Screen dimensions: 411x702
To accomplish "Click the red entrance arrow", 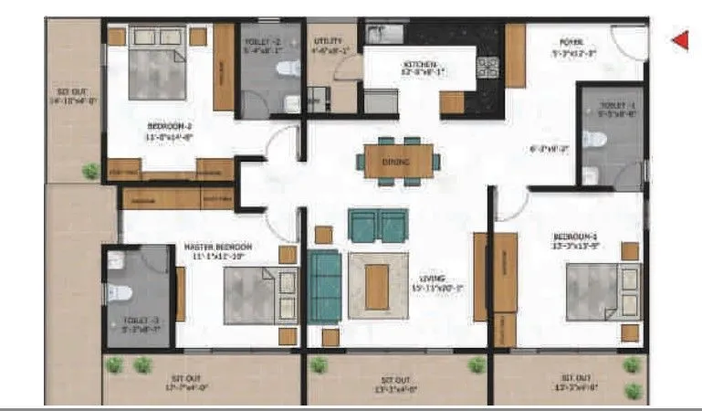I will click(x=680, y=39).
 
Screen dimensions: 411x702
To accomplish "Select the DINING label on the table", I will click(x=396, y=163).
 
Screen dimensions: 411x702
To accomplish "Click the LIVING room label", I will click(x=432, y=278).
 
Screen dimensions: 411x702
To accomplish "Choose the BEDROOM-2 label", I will click(x=170, y=126).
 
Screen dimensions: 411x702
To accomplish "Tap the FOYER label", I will click(x=571, y=42).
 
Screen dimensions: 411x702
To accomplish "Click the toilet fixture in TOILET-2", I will click(x=288, y=68).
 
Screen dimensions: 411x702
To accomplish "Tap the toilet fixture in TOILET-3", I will click(x=120, y=293).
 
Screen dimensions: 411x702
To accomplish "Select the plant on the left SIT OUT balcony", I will click(x=89, y=170).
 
